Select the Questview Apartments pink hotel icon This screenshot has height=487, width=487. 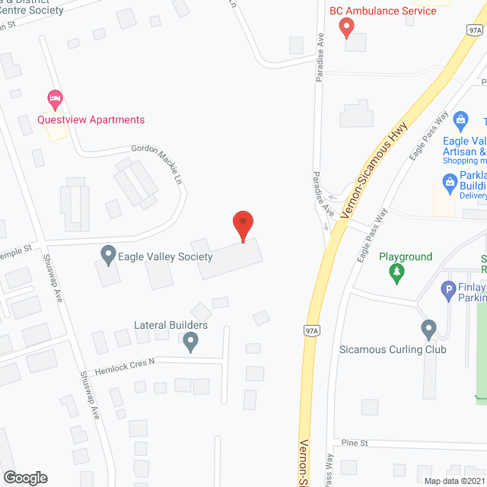click(54, 98)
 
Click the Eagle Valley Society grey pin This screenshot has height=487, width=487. click(107, 253)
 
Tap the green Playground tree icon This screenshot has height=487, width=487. click(396, 272)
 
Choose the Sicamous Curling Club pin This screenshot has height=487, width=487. click(428, 329)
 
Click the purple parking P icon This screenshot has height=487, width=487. click(448, 290)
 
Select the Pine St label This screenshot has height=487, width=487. click(355, 442)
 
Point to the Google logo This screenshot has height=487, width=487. click(25, 477)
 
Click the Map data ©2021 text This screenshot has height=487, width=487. click(454, 480)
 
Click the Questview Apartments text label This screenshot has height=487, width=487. click(91, 119)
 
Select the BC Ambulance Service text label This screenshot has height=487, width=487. click(383, 11)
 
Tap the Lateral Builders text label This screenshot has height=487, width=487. click(170, 326)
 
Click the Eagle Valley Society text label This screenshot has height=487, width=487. click(165, 256)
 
